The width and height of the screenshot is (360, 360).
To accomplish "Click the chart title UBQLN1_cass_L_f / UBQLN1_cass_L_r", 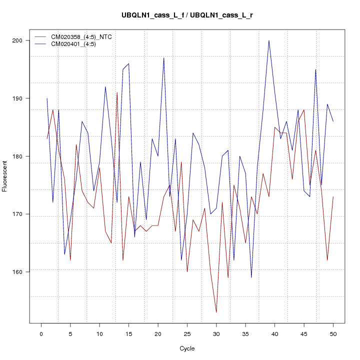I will pos(187,15).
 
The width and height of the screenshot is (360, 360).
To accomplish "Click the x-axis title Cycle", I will pos(186,348).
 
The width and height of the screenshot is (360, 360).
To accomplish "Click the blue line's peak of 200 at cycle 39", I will pos(269,40).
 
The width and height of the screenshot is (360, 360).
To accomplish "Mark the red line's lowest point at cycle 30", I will pos(216,312).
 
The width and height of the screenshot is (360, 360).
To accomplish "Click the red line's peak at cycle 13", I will pos(117,92).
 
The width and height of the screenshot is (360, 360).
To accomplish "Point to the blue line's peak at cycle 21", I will pos(164,58).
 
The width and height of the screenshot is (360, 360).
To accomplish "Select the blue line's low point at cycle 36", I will pos(251,277).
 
